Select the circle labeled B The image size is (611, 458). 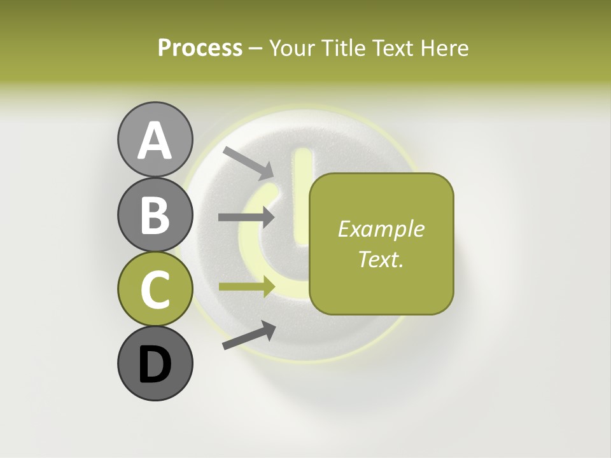click(155, 214)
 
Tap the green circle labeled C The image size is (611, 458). click(155, 289)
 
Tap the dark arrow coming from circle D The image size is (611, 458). click(249, 335)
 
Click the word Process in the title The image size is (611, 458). click(200, 48)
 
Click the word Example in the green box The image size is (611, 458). click(381, 229)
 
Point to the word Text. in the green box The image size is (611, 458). click(381, 259)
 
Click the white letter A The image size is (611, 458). click(155, 141)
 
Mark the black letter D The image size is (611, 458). click(155, 365)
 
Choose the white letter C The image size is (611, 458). click(155, 289)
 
